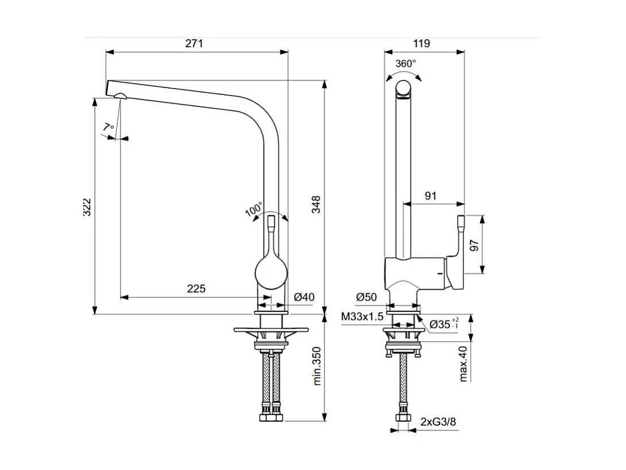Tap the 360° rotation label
click(x=405, y=64)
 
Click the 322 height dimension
click(x=87, y=207)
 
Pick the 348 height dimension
click(x=316, y=205)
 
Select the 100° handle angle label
click(x=254, y=210)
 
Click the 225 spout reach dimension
click(x=196, y=289)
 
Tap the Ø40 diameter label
click(x=304, y=297)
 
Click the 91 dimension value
click(x=430, y=196)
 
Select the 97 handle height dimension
click(x=474, y=245)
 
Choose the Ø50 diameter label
click(x=366, y=297)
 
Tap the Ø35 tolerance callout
click(x=443, y=323)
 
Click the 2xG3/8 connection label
click(x=438, y=422)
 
